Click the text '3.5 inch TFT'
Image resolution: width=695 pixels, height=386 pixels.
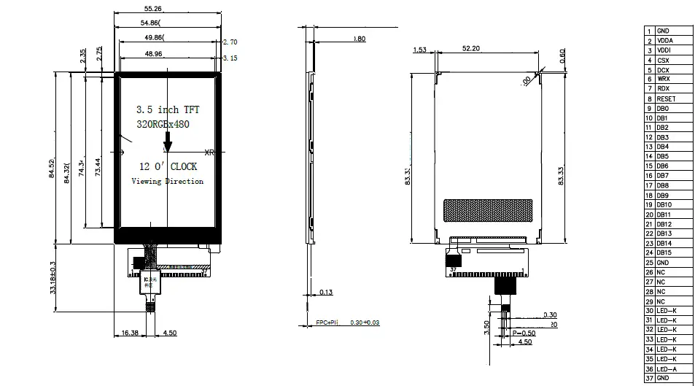coord(168,109)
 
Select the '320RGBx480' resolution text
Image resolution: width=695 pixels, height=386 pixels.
coord(163,125)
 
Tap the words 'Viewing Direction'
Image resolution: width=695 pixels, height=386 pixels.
coord(167,181)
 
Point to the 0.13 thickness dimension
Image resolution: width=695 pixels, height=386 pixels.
coord(325,292)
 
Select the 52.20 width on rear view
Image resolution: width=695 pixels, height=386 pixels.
coord(471,49)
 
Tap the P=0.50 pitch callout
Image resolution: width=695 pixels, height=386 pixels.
coord(524,333)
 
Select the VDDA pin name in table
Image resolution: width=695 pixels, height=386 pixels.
coord(664,41)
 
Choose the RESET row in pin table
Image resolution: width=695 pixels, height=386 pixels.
coord(665,99)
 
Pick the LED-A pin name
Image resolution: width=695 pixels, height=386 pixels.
coord(667,368)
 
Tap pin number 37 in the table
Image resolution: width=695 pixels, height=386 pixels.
coord(648,378)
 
